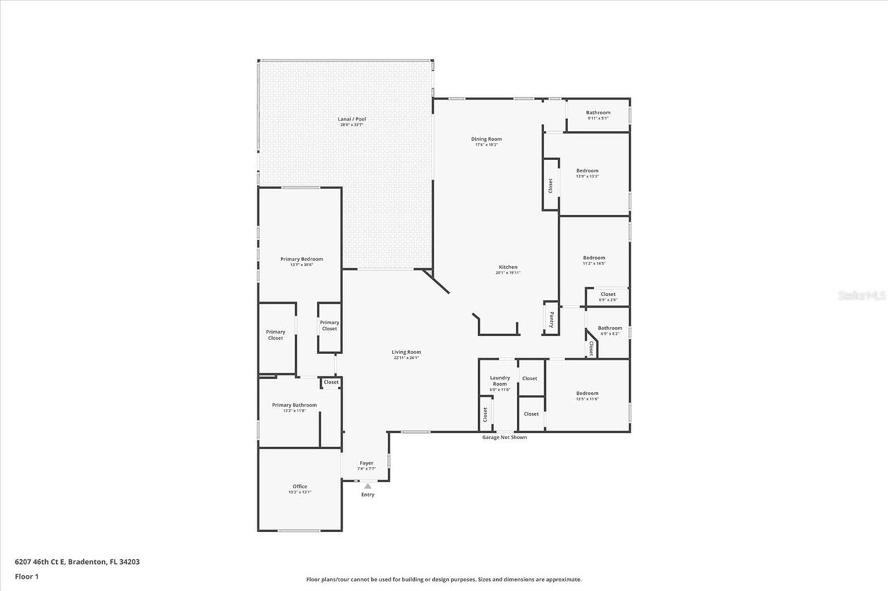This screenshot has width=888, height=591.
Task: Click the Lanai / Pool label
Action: tap(352, 119)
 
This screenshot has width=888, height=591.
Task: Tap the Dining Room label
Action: tap(486, 139)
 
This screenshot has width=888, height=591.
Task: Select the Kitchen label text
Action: tap(508, 267)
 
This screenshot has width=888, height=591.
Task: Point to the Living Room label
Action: tap(406, 352)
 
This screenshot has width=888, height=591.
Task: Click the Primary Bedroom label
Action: tap(301, 259)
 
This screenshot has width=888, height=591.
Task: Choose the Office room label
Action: tap(300, 486)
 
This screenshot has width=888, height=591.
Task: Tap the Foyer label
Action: tap(366, 463)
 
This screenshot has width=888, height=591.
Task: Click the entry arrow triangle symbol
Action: tap(367, 486)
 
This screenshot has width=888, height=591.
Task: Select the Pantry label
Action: tap(551, 319)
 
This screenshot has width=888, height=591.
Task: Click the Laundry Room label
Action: tap(499, 381)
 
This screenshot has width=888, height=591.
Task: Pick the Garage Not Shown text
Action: tap(504, 437)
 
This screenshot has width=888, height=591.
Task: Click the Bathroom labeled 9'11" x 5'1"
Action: tap(598, 113)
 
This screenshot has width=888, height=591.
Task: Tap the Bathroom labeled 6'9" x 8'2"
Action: tap(610, 328)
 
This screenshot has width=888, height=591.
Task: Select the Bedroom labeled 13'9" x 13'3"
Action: tap(587, 170)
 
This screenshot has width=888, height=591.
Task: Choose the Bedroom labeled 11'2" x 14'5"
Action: tap(594, 258)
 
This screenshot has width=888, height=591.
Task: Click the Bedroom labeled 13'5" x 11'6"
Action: tap(587, 394)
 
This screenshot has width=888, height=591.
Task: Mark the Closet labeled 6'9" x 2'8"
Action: tap(608, 294)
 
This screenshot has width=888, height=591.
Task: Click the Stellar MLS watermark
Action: tap(862, 295)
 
